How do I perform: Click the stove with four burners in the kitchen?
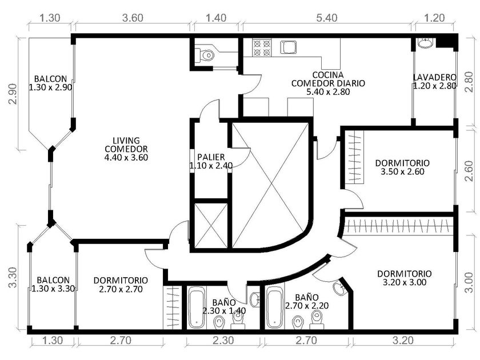262,48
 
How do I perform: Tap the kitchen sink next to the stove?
289,47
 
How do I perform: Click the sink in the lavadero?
425,43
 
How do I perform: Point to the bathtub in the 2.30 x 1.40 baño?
196,307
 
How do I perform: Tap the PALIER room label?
211,157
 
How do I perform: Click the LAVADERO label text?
435,78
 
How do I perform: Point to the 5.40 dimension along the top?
327,18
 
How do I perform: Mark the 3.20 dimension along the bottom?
403,340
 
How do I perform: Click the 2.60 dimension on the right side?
469,171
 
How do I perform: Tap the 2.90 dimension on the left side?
13,94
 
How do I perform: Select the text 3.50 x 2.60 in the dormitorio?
402,171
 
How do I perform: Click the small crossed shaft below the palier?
211,225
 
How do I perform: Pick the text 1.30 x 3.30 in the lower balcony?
53,289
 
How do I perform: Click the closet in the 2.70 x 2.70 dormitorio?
173,307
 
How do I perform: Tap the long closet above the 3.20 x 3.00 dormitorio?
398,226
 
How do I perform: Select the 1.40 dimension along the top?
216,18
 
